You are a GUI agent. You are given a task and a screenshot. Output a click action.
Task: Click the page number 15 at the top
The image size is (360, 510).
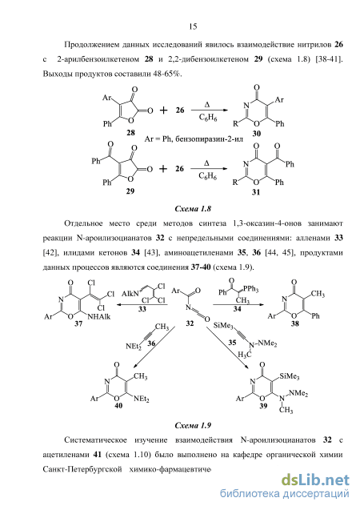coord(193,26)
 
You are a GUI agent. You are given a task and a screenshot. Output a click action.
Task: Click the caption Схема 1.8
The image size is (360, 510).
coord(193,209)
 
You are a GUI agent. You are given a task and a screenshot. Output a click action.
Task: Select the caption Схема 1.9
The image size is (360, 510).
coord(193,425)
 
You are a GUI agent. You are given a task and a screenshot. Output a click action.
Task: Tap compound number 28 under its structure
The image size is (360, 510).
coord(130,132)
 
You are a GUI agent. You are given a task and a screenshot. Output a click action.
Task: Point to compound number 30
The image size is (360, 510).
coord(256,133)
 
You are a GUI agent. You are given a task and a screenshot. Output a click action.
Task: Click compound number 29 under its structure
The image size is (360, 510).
coord(130,191)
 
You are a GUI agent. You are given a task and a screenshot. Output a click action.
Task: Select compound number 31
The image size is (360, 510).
coord(256,192)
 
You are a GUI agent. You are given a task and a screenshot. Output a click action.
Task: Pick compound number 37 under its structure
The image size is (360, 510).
coord(78,323)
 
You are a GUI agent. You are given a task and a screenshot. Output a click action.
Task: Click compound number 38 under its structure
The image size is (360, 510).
coord(294,323)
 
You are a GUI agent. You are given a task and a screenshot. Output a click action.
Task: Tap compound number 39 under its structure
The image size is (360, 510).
coord(263,406)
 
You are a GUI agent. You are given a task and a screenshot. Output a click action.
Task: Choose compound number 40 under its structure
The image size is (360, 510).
coord(118,406)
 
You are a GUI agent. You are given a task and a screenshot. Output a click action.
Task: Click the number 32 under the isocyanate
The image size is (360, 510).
coord(190,323)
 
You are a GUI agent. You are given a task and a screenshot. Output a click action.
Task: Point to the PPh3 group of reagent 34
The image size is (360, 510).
coord(251,289)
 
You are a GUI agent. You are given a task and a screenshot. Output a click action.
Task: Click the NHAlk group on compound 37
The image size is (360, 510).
coord(99,316)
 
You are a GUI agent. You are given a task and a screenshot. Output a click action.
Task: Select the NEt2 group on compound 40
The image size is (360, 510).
coord(141,399)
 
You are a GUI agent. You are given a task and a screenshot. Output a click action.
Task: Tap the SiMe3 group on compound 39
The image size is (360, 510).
coord(289,376)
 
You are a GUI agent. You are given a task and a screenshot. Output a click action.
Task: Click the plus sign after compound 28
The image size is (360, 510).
coord(163,110)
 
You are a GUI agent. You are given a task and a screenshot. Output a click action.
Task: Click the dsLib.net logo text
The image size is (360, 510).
coord(315,480)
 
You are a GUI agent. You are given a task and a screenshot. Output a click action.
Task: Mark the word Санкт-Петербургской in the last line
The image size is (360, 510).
coord(82,469)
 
